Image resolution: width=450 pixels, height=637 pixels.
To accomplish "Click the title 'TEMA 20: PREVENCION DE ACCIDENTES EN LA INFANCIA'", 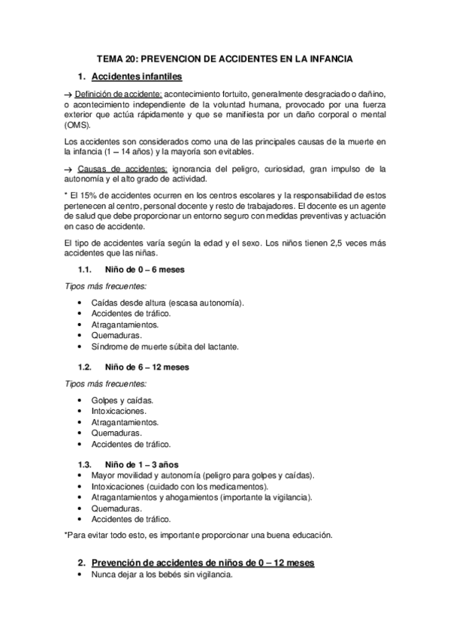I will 225,57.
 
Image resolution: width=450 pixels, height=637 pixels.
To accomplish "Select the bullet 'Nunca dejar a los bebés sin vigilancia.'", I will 162,575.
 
